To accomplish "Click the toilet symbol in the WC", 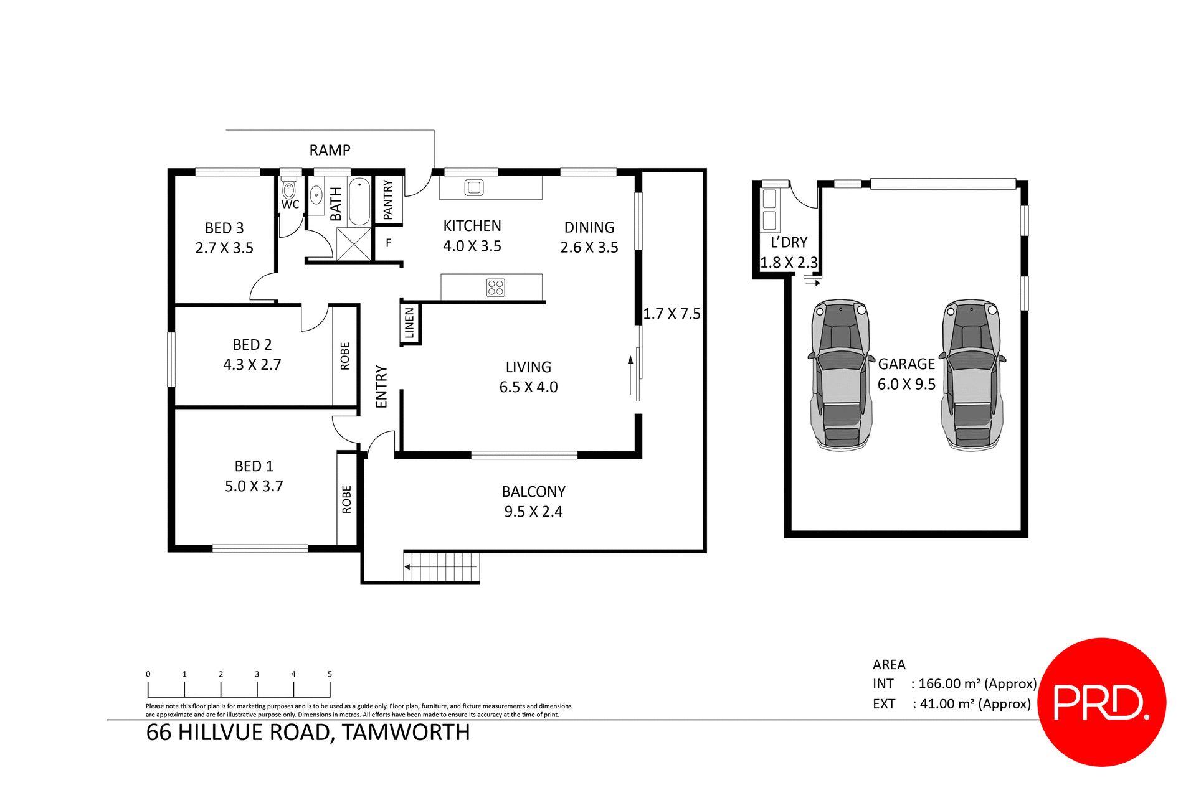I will (289, 189).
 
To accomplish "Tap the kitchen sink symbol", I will (474, 187).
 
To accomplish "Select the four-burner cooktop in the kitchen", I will (496, 288).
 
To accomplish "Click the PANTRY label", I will (388, 200).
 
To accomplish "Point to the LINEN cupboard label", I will (409, 323).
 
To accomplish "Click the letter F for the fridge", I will (389, 243).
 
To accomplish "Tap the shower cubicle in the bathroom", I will (353, 244).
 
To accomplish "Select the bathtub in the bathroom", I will (359, 201).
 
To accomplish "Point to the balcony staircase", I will (441, 567).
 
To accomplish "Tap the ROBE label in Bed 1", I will (347, 499).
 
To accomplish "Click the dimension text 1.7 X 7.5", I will (672, 314).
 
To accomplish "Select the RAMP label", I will (330, 150).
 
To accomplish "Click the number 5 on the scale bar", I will (330, 674).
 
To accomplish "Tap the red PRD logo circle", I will (1101, 702).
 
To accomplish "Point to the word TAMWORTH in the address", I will (406, 733).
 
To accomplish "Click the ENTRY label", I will (382, 387).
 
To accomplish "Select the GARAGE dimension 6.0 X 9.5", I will (906, 385).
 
